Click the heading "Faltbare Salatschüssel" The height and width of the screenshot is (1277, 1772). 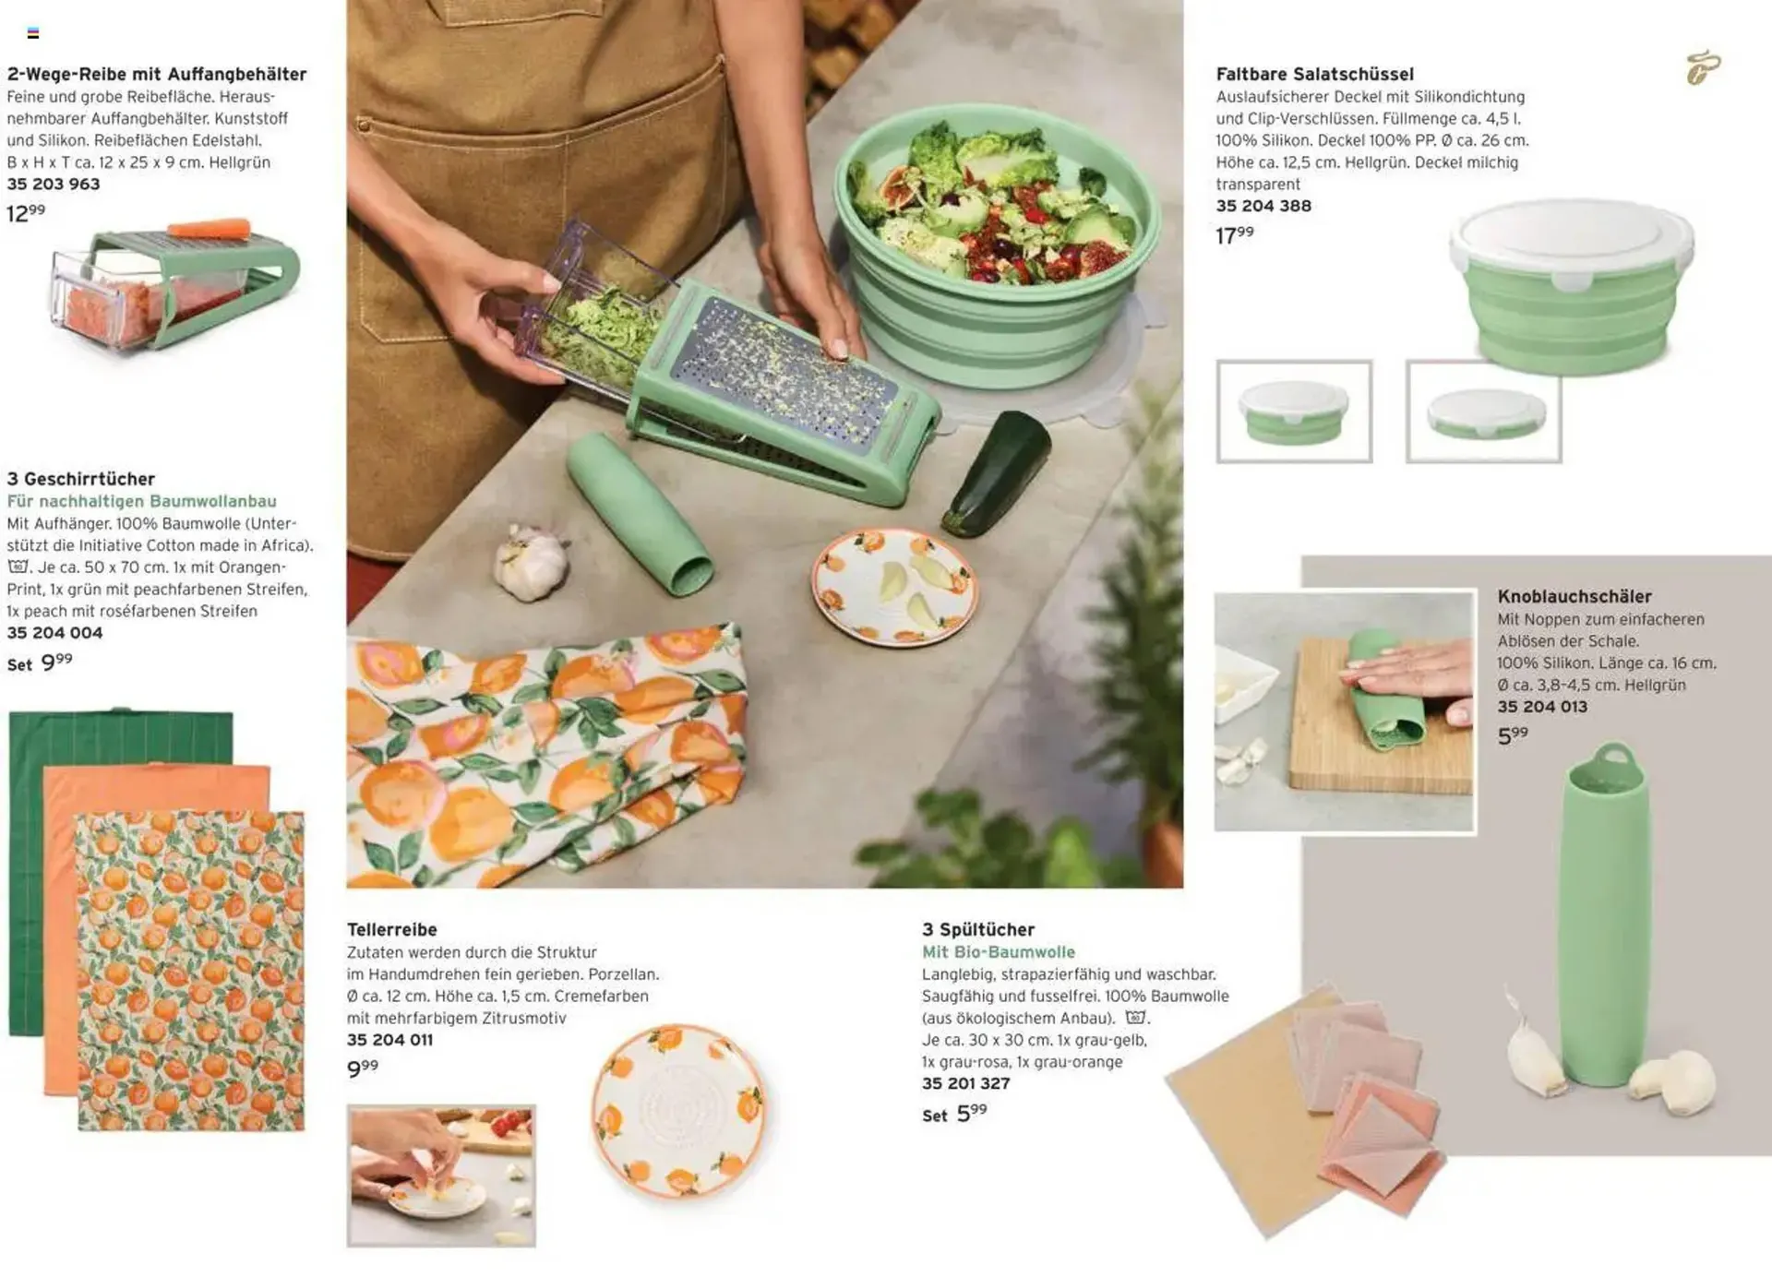pos(1314,74)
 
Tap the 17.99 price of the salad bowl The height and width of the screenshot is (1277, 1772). pos(1235,235)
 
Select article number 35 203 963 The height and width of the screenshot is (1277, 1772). pos(54,184)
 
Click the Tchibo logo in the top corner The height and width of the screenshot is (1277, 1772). pos(1703,67)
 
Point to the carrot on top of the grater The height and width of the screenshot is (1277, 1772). pos(209,228)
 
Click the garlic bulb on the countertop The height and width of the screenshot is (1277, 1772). pos(532,562)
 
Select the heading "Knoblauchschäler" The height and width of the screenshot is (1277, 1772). pos(1574,596)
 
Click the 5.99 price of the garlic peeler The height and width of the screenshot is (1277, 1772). pos(1513,735)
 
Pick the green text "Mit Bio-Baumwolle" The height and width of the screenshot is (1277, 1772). pos(999,951)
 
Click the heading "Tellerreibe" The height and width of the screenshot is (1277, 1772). pos(392,929)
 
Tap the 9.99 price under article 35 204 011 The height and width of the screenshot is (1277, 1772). pos(363,1068)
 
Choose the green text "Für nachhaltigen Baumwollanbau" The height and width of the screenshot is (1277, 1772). pos(142,501)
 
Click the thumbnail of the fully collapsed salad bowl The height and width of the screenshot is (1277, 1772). pos(1484,412)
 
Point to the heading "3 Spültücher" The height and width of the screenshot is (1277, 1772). pos(978,929)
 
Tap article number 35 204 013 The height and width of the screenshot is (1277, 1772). pos(1542,707)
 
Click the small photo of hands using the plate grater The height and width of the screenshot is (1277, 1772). pos(441,1176)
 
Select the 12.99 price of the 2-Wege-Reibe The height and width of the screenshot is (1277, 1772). pos(26,213)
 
